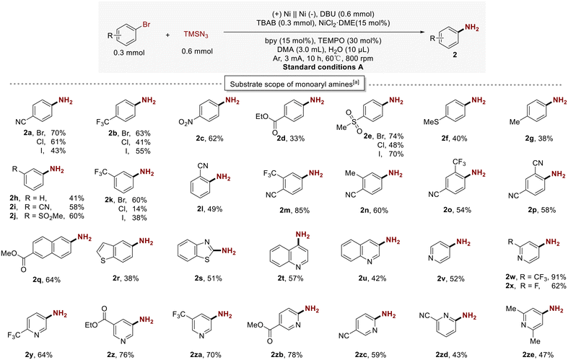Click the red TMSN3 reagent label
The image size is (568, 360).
(x=196, y=35)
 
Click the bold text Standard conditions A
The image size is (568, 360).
(x=323, y=67)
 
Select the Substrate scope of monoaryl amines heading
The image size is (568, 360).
(x=294, y=84)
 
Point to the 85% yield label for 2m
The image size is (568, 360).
(x=302, y=210)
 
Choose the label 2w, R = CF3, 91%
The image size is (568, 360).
(x=536, y=277)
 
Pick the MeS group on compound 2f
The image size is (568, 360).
(x=431, y=122)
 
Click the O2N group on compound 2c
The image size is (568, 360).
(x=185, y=123)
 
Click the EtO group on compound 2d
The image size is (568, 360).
(x=263, y=116)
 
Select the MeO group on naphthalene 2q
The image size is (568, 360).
(x=9, y=253)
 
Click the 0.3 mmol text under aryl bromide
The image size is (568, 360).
(x=129, y=53)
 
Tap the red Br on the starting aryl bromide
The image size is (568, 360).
(x=146, y=25)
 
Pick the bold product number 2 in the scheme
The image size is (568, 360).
(x=455, y=56)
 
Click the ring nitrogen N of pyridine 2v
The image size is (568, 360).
(x=430, y=258)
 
